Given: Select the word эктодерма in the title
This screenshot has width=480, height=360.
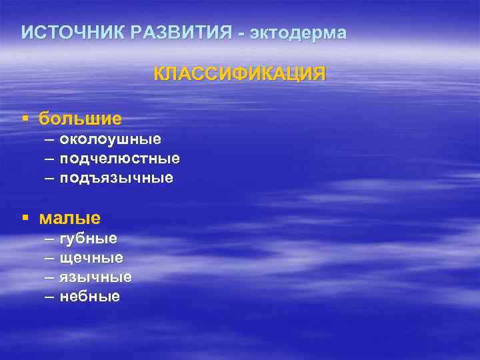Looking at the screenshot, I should (x=297, y=33).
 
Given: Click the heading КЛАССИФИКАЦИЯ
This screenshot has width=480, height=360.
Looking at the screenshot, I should (x=240, y=73).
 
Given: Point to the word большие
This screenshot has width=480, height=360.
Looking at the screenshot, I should (x=80, y=119).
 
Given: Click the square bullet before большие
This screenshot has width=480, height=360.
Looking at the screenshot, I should (x=25, y=119).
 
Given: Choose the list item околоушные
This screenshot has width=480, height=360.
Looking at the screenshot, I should (x=110, y=139).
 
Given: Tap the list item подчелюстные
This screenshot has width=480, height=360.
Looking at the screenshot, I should (x=119, y=159).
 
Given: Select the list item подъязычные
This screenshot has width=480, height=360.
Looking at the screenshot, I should (x=116, y=178).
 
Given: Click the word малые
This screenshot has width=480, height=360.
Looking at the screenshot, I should (x=70, y=217).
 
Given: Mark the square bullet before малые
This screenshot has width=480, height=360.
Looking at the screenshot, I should (x=25, y=218).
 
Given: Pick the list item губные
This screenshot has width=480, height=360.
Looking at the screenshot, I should (x=88, y=238).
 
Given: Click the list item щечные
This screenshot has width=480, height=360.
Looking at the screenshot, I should (x=91, y=257).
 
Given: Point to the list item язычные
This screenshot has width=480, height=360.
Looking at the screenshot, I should (x=95, y=277).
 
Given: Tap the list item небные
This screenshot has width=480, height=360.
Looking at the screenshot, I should (x=90, y=296).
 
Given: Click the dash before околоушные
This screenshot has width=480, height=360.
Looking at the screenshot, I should (x=50, y=139).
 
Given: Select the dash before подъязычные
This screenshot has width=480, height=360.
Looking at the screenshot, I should (x=50, y=178).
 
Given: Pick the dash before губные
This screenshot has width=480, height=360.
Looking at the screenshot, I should (x=50, y=238).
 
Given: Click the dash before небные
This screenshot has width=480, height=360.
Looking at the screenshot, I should (x=50, y=296).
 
